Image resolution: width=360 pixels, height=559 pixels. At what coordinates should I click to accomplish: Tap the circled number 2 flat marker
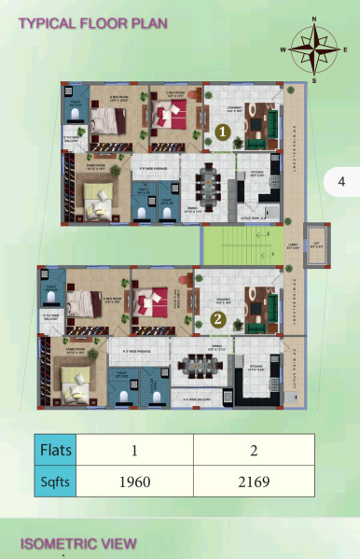pos(217,319)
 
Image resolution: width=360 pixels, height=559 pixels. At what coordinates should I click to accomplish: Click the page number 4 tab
pos(340,181)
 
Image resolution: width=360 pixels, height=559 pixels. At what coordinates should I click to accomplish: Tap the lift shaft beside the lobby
pos(316,249)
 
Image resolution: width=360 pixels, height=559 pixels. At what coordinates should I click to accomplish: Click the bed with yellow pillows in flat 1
pos(96,198)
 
